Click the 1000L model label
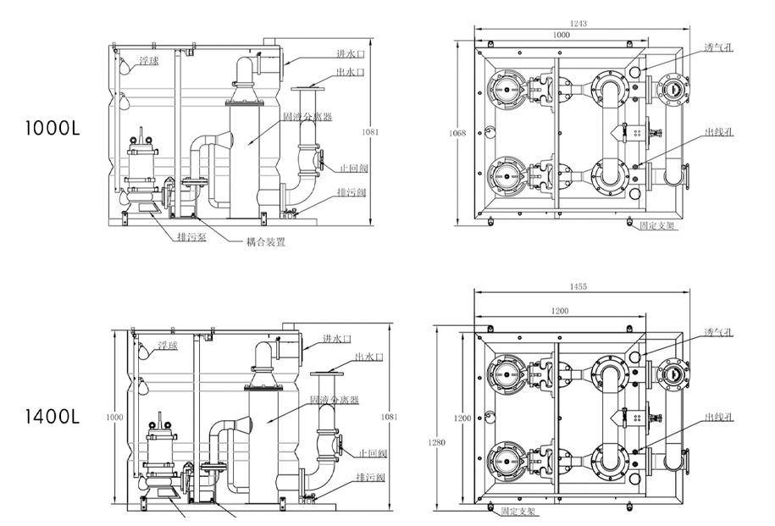[x=53, y=130]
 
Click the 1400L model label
[x=53, y=416]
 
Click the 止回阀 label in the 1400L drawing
[x=373, y=453]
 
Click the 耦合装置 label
[x=265, y=241]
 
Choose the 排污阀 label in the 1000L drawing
[x=351, y=192]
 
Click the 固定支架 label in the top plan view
[x=657, y=226]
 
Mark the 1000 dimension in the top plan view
[x=560, y=36]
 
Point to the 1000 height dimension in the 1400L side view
[x=118, y=417]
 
